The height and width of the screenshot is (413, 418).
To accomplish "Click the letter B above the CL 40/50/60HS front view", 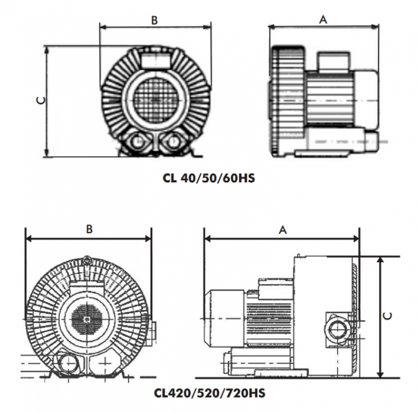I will point(155,20).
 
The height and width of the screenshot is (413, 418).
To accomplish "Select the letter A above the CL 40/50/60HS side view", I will point(324,19).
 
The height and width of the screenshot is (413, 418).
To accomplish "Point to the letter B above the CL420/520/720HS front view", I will point(89,229).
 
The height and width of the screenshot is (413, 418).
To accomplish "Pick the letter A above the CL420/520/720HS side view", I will point(283,230).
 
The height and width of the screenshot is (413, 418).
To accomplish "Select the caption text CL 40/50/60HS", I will point(209,179).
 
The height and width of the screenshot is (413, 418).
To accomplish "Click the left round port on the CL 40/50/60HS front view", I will point(137,141).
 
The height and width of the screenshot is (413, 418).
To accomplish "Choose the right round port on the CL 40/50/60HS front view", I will point(173,141).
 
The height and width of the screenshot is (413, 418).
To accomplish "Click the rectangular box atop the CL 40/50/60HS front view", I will point(155,58).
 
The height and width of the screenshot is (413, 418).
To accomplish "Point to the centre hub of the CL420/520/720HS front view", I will point(87,319).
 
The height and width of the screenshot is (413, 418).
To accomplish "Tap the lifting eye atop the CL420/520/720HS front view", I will point(87,259).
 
